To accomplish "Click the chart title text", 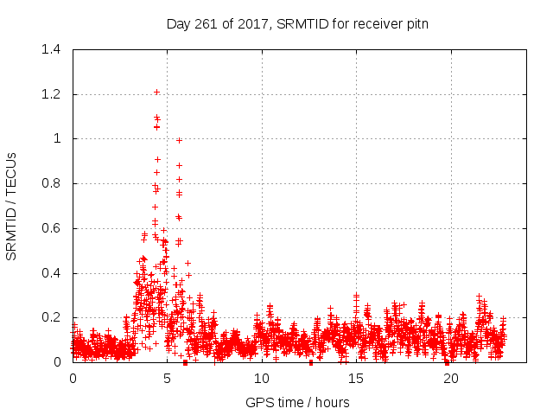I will (x=297, y=24).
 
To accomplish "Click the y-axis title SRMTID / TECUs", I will (x=12, y=206).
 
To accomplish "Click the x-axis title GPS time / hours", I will (x=297, y=402).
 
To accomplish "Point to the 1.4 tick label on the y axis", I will (x=50, y=49).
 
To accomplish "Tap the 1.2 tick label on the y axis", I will (x=50, y=94).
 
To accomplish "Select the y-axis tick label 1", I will (x=57, y=138).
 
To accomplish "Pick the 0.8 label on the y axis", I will (x=50, y=183).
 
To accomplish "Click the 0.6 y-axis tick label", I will (x=50, y=228).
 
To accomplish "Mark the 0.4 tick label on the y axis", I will (x=50, y=273).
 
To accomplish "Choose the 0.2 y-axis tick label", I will (x=50, y=318).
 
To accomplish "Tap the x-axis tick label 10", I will (x=261, y=379).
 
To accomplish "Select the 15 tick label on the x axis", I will (x=356, y=379).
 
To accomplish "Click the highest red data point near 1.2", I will (x=156, y=92).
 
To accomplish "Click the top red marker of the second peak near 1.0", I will (x=179, y=140).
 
